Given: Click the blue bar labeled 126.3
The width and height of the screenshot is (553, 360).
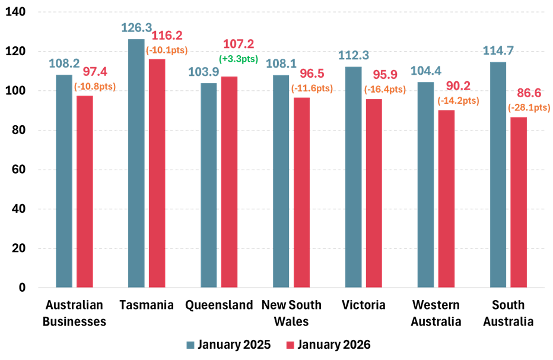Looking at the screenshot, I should (x=136, y=163).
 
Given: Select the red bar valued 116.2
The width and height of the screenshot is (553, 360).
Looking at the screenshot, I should (x=157, y=173).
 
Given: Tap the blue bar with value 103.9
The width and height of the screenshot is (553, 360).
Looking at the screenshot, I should (x=208, y=185).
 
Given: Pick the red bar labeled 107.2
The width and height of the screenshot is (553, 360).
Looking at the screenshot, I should (x=229, y=182).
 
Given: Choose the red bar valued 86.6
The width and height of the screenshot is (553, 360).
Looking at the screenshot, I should (x=519, y=202).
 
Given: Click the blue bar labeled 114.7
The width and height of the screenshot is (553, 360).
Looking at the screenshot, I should (x=498, y=174).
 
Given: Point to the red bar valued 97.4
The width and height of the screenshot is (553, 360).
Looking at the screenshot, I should (x=85, y=192).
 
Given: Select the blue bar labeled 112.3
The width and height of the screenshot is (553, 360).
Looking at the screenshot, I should (x=353, y=177).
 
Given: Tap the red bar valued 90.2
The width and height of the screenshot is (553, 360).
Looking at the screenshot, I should (x=446, y=199).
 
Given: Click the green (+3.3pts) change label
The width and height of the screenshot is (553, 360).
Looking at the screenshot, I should (x=239, y=59).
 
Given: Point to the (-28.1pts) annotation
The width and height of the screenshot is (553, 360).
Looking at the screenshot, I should (x=529, y=107).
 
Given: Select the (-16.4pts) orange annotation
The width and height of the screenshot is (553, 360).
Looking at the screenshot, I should (x=384, y=90).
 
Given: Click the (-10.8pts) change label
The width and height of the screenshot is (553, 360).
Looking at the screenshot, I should (x=95, y=86).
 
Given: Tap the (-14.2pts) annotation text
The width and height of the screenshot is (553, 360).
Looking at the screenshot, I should (x=458, y=100).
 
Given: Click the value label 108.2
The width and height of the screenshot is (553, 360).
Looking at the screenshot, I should (x=63, y=63).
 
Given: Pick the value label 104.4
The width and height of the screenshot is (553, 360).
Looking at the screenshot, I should (x=425, y=71).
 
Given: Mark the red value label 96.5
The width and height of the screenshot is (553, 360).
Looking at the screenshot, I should (x=312, y=74).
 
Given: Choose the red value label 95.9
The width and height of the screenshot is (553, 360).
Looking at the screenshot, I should (x=384, y=75).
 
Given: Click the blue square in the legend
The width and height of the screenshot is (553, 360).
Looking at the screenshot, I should (x=190, y=345).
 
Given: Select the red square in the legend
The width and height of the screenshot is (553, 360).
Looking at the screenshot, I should (x=290, y=345).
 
